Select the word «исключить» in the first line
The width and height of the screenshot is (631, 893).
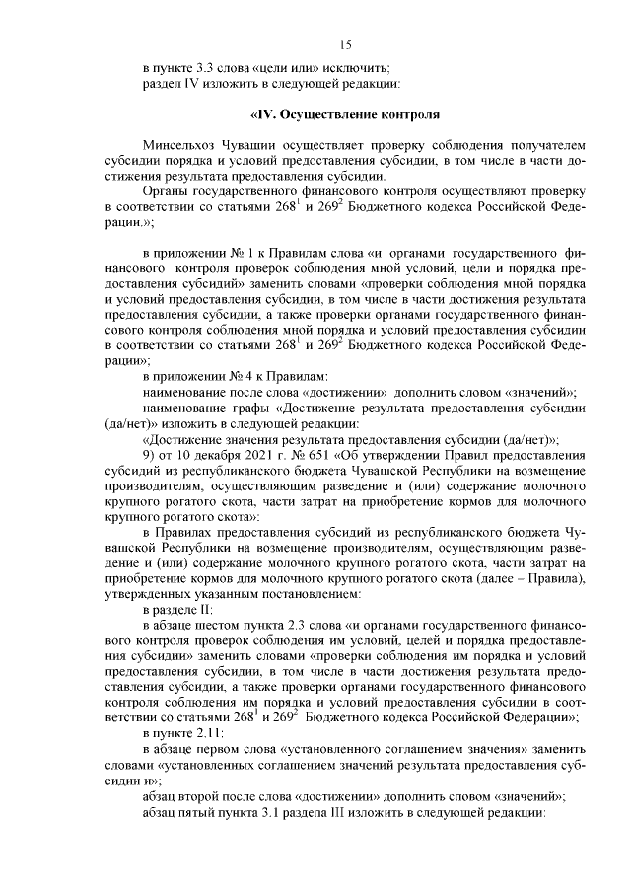[x=363, y=68]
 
